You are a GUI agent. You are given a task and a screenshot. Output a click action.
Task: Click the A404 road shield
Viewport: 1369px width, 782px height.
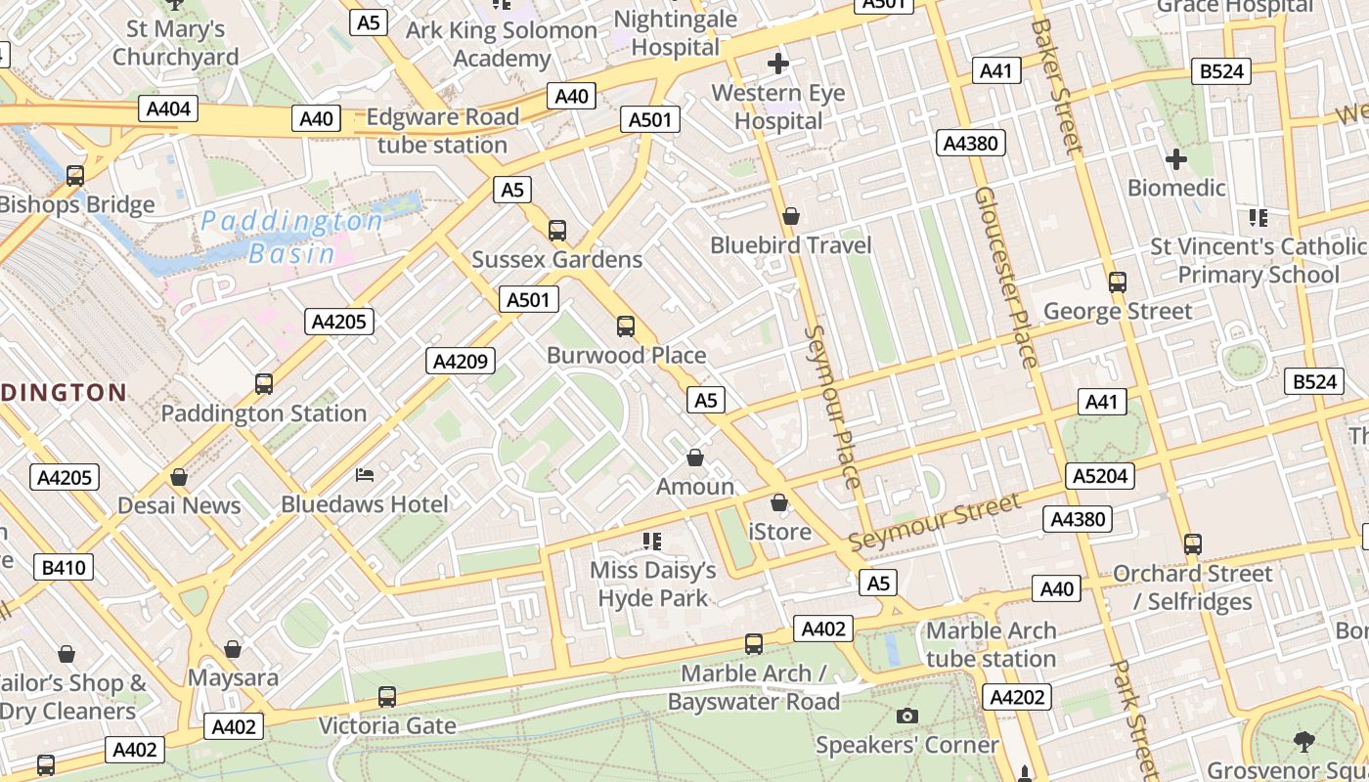coord(169,109)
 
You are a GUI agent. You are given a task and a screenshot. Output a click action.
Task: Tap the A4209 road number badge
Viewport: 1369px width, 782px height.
coord(461,362)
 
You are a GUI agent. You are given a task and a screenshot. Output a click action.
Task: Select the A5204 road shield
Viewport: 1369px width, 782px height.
coord(1101,476)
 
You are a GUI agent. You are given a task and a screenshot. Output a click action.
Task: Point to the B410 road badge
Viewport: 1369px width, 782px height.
coord(65,567)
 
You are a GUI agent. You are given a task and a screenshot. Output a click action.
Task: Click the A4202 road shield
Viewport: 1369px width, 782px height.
coord(1019,697)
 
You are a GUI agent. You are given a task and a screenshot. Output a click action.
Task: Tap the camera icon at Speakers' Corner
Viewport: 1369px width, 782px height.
coord(907,717)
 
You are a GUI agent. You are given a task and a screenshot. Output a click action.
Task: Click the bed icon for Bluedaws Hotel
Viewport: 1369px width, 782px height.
coord(364,476)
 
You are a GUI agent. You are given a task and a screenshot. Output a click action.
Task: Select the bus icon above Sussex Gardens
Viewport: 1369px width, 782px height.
coord(557,231)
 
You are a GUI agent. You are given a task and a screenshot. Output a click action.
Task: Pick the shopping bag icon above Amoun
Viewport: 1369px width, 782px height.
coord(695,457)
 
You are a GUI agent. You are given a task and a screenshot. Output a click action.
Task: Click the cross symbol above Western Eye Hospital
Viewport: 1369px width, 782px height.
coord(778,65)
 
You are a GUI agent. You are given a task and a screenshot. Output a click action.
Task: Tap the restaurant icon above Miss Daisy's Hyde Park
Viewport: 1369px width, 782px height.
coord(652,541)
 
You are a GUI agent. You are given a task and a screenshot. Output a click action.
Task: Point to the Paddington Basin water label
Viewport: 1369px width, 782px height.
coord(291,238)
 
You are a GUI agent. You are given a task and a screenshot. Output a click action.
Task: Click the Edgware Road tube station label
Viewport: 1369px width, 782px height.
coord(442,131)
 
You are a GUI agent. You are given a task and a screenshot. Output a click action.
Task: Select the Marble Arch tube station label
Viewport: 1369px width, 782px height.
coord(991,644)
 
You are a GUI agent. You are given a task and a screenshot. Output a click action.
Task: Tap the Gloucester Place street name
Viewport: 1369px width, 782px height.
coord(1005,278)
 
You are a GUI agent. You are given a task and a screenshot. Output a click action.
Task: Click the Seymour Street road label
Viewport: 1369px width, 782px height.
coord(934,523)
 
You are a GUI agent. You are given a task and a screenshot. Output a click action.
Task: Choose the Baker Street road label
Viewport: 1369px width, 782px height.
coord(1057,86)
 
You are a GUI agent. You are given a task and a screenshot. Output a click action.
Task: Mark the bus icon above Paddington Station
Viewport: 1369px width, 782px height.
coord(264,384)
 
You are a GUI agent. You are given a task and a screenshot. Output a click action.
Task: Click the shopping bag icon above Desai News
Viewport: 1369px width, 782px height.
coord(179,477)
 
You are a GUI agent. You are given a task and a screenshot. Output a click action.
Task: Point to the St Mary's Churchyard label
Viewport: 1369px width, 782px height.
coord(176,43)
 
